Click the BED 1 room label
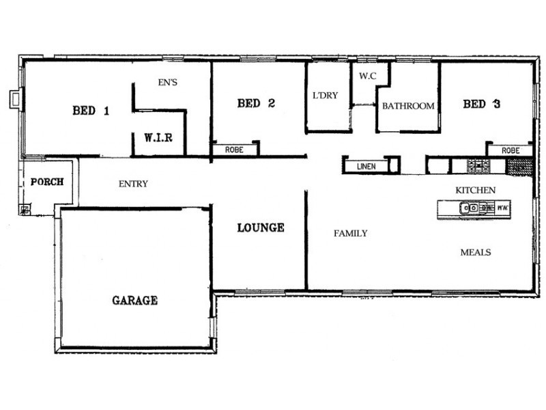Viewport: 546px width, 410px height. pos(91,111)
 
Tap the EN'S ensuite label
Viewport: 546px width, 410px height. pos(167,82)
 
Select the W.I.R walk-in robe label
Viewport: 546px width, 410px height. pos(158,138)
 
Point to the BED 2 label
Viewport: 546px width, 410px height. pos(256,103)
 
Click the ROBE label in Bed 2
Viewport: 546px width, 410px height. pos(234,150)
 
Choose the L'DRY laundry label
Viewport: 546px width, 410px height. pos(326,95)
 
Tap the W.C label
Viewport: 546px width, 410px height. pos(368,76)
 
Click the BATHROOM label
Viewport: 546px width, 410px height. pos(408,106)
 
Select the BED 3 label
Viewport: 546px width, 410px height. pos(482,104)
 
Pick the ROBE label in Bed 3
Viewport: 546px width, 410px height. pos(511,150)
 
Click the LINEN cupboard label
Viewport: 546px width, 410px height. pos(367,167)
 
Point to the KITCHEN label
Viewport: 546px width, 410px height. pos(475,190)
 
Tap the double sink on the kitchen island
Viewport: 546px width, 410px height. pos(470,208)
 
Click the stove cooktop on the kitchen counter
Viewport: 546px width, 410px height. pos(478,165)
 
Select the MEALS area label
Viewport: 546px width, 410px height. pos(476,252)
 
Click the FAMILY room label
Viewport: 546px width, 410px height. pos(350,233)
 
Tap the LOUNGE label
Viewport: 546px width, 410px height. pos(261,228)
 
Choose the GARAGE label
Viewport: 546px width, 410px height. pos(134,300)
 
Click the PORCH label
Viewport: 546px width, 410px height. pos(47,182)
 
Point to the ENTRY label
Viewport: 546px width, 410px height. pos(133,184)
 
